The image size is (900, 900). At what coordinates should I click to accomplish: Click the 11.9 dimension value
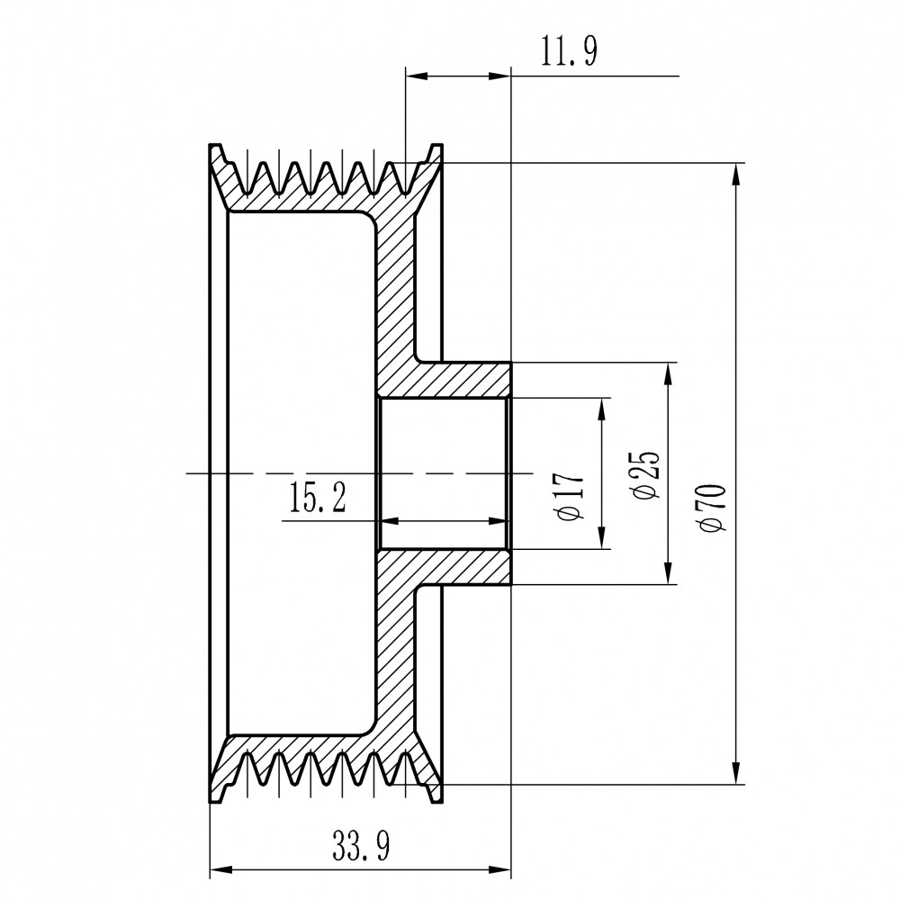pyautogui.click(x=569, y=51)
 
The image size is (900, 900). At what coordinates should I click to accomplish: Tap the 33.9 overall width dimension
pyautogui.click(x=361, y=846)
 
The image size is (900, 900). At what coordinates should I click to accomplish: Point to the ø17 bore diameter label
pyautogui.click(x=571, y=497)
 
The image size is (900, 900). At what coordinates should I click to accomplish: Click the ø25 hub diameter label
pyautogui.click(x=645, y=474)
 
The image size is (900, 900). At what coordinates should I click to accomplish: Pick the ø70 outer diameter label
pyautogui.click(x=712, y=508)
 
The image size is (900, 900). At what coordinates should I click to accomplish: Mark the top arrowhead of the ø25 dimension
pyautogui.click(x=668, y=373)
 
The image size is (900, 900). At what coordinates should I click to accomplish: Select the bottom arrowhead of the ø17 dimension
pyautogui.click(x=601, y=538)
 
